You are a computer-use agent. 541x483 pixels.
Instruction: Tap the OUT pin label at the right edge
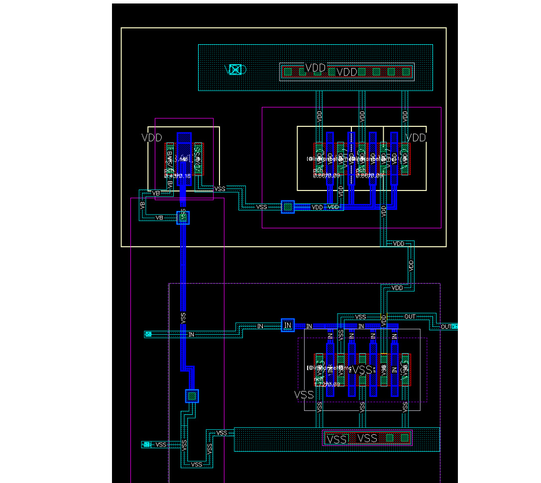447,327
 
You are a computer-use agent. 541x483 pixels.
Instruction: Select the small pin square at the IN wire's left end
148,334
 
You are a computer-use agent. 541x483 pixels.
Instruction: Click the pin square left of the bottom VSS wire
146,444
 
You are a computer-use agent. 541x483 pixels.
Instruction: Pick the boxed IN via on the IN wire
288,325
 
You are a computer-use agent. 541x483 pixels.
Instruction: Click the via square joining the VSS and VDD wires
288,206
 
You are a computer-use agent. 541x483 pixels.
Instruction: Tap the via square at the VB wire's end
183,217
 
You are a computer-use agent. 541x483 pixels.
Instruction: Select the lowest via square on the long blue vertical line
192,396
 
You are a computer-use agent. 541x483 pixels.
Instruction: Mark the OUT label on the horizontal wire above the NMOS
410,316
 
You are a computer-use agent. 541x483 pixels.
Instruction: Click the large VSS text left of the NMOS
304,394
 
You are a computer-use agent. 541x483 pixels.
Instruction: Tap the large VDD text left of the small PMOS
152,137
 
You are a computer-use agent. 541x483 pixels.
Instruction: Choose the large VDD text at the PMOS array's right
416,137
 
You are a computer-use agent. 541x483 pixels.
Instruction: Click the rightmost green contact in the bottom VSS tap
404,438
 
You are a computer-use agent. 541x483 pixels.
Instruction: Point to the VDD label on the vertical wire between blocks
411,265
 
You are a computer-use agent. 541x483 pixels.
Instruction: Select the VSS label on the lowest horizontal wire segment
197,465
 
